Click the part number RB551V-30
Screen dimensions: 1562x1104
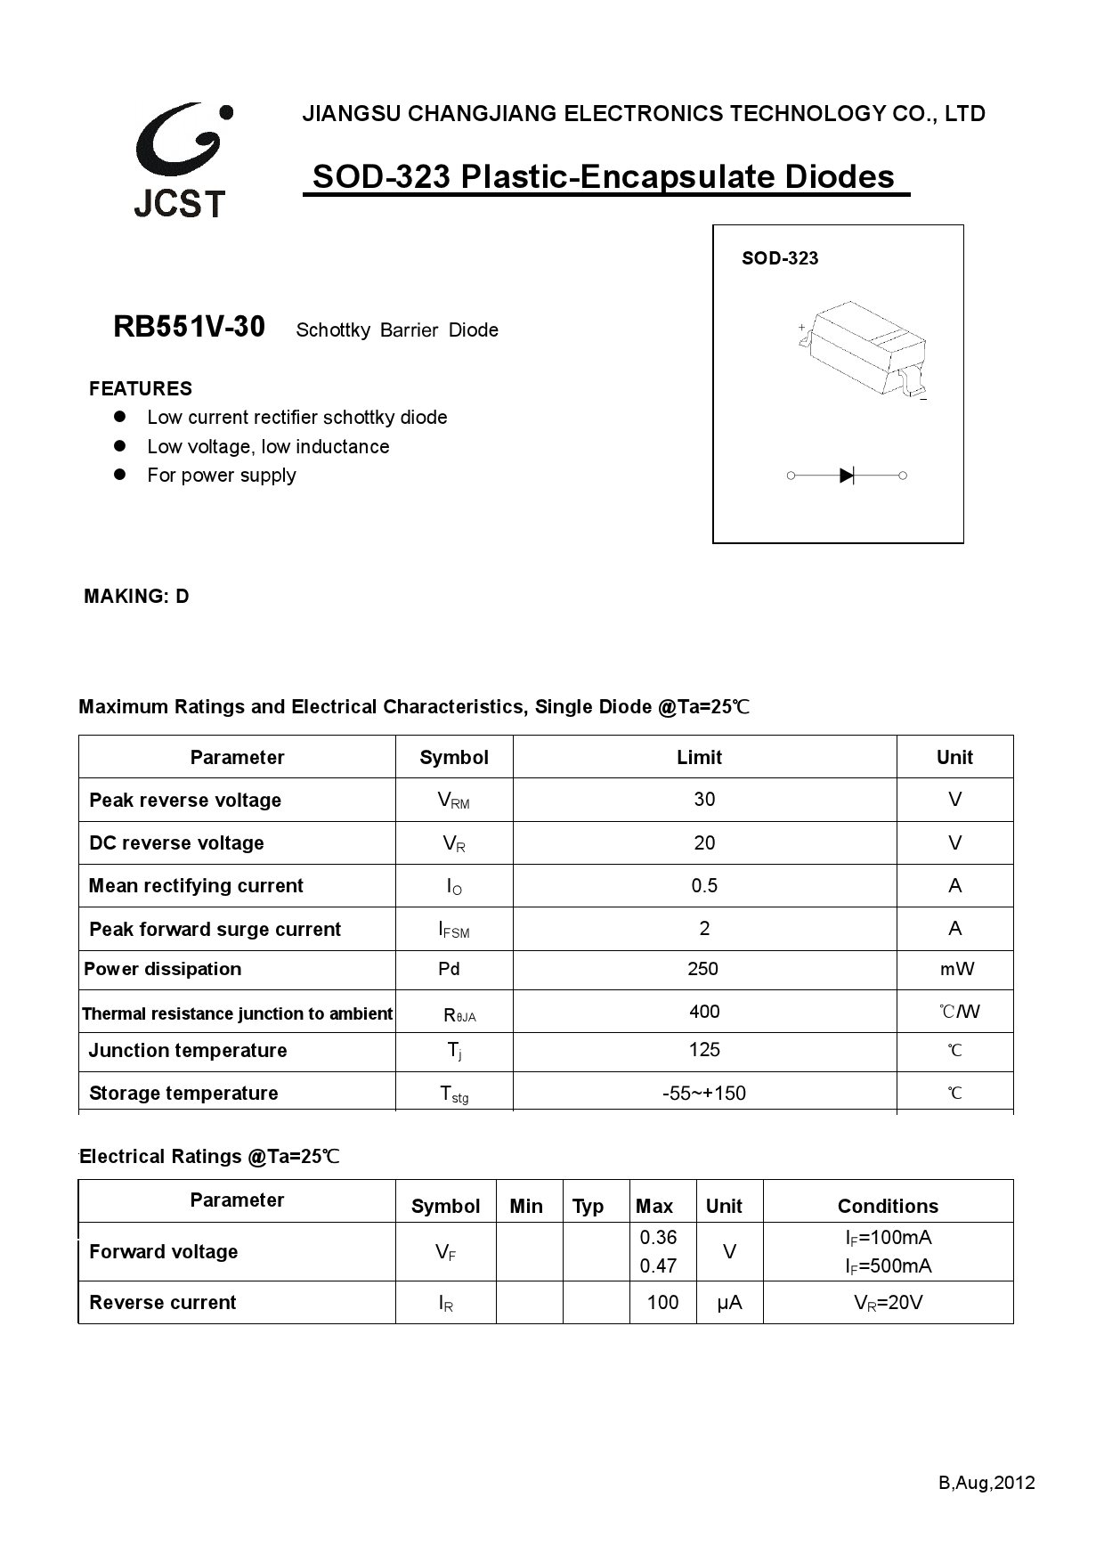189,328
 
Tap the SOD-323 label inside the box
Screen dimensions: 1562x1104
779,258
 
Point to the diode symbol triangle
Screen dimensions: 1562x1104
847,476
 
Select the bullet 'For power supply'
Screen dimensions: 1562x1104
221,476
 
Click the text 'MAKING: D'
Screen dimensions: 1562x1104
136,597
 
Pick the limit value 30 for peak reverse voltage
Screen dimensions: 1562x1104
704,800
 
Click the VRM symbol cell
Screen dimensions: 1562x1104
453,801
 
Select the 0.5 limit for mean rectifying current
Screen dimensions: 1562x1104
704,886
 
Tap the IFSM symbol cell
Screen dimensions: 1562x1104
453,930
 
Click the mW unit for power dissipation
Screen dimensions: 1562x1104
956,969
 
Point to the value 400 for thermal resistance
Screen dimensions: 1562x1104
704,1012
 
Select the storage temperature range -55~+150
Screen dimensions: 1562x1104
704,1094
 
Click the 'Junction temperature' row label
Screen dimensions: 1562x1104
188,1051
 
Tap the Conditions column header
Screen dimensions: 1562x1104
888,1207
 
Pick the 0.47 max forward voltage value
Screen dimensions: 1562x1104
658,1265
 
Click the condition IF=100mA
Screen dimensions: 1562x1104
888,1237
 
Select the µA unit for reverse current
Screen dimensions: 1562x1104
729,1303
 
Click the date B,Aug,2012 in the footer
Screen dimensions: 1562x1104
986,1483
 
